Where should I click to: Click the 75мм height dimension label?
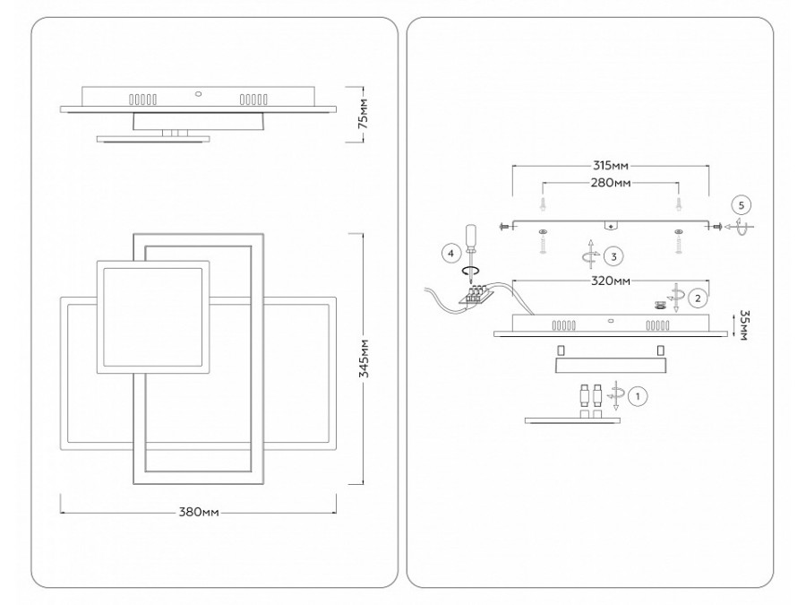click(363, 113)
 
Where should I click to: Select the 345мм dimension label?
click(364, 358)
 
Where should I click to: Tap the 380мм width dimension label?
click(199, 513)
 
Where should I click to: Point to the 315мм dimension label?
click(610, 166)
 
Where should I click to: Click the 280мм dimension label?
click(610, 183)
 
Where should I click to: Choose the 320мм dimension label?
click(610, 281)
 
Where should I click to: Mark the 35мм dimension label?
click(743, 324)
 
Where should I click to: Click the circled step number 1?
click(638, 397)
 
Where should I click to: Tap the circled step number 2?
click(698, 298)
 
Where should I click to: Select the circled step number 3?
click(613, 256)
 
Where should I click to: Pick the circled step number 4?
click(450, 253)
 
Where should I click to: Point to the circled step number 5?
click(741, 205)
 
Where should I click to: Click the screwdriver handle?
click(470, 236)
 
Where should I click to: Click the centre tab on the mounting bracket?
click(611, 226)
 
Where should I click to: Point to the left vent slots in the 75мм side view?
click(142, 99)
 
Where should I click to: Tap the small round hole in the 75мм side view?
click(198, 94)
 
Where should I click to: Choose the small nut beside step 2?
click(659, 305)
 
